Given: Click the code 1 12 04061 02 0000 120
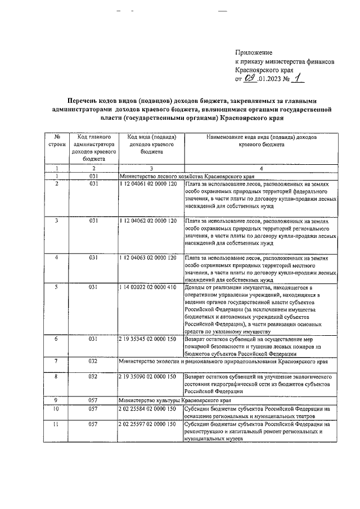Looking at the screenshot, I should point(148,184).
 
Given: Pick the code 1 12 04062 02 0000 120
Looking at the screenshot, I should point(148,220).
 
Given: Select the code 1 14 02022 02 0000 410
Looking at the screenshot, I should point(148,287).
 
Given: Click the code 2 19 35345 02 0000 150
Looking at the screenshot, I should point(148,339).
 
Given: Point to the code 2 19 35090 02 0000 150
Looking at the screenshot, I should point(148,375).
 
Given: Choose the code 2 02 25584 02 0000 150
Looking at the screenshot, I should point(148,409).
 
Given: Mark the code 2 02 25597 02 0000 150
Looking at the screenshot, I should point(148,424).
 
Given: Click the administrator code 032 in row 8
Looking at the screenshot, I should point(94,375).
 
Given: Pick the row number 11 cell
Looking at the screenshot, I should point(57,424).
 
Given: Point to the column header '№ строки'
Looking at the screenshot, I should point(57,141).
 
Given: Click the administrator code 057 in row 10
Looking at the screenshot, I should point(94,409).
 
